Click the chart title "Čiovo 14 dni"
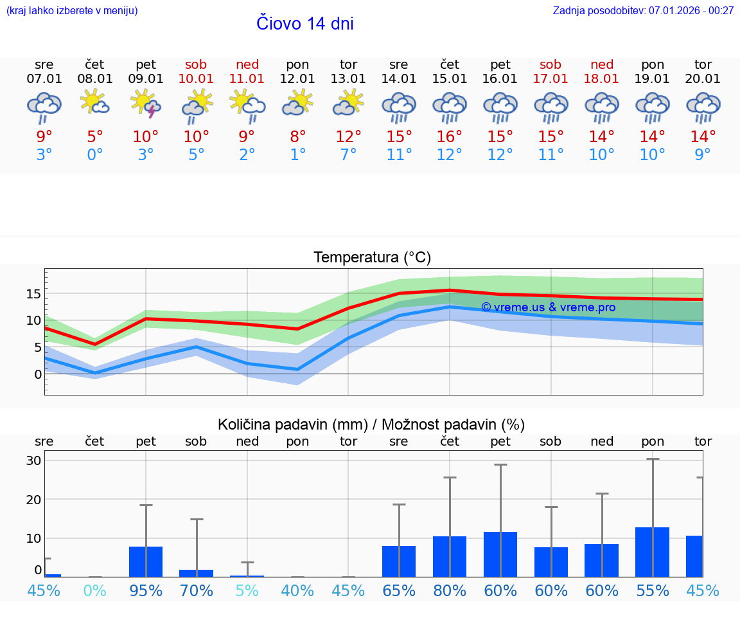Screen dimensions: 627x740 304,24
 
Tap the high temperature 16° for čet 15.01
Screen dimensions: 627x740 450,137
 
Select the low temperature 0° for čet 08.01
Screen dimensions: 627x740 95,155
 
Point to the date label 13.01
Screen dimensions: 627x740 348,79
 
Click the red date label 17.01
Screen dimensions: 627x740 551,79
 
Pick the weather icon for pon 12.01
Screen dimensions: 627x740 297,103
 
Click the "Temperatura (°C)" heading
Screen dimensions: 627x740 372,258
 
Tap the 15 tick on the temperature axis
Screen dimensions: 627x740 33,294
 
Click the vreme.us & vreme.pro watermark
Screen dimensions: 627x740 548,307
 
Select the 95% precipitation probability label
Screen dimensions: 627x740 146,590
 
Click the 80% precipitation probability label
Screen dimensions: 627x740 450,590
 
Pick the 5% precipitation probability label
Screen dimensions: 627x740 247,590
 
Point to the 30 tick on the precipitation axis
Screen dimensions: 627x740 33,460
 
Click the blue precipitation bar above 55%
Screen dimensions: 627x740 652,552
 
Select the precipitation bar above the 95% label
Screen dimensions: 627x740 146,561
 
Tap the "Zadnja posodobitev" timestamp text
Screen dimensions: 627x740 643,11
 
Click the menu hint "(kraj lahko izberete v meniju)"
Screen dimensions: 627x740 72,11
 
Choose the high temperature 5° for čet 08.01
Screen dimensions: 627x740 95,137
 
